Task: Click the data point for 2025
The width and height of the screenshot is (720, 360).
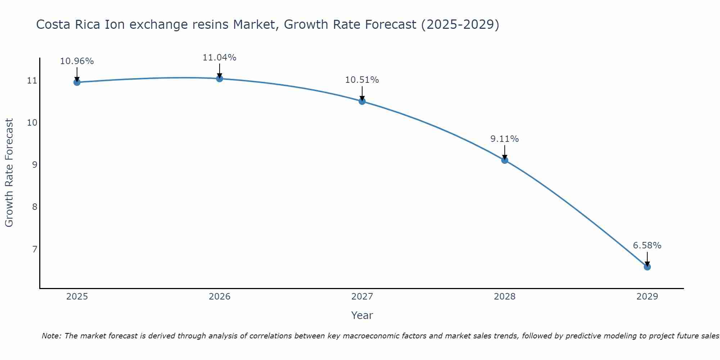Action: click(x=77, y=82)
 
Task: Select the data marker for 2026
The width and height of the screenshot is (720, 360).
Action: click(x=220, y=78)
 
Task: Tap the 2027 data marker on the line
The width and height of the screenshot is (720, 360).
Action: click(x=362, y=101)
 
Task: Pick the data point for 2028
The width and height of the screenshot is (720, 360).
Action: click(x=505, y=160)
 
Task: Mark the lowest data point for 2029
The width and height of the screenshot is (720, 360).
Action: click(x=647, y=267)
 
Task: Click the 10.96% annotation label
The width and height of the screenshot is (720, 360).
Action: click(x=77, y=61)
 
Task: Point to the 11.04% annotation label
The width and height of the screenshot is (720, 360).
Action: click(x=220, y=58)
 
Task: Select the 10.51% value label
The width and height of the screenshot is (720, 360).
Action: click(x=362, y=80)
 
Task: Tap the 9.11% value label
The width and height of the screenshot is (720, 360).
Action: click(x=505, y=139)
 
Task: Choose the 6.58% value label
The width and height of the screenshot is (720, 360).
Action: click(x=647, y=246)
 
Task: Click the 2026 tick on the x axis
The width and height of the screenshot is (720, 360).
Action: click(x=220, y=297)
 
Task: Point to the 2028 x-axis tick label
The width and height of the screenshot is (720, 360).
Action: click(x=505, y=297)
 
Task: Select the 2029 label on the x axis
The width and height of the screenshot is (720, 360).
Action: click(x=647, y=297)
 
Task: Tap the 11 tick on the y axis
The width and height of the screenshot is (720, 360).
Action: click(x=32, y=81)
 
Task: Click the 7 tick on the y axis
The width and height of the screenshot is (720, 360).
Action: click(x=35, y=249)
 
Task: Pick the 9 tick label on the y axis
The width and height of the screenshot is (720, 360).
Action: click(x=35, y=165)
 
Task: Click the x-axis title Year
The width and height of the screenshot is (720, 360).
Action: click(x=362, y=315)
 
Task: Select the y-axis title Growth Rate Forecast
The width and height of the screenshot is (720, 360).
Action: click(x=9, y=173)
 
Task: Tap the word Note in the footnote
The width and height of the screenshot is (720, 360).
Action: click(x=51, y=336)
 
